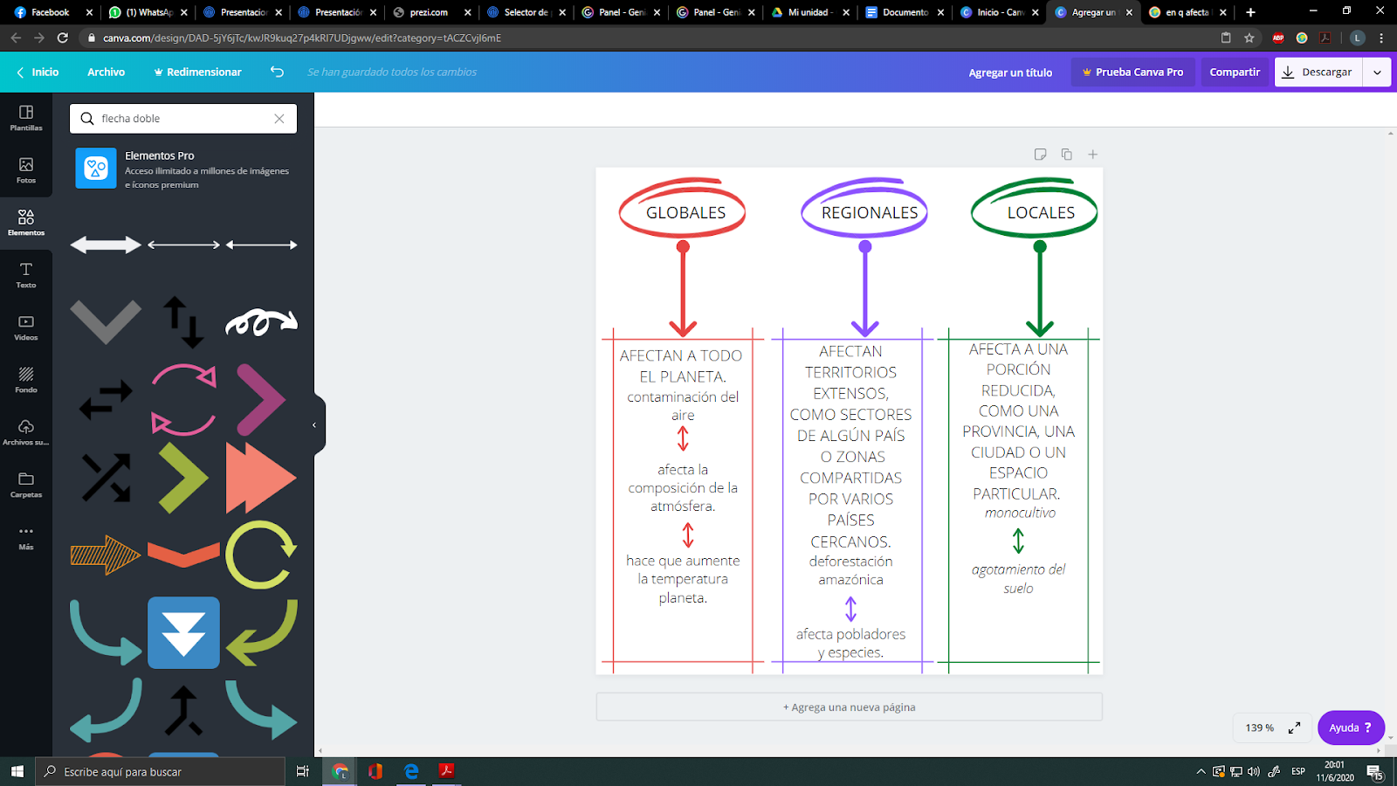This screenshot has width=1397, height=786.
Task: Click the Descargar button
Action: click(1318, 72)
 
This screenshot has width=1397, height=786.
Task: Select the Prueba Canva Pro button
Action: click(1132, 72)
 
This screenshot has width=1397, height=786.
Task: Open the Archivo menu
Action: click(106, 72)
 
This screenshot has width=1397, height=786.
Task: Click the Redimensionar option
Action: click(197, 72)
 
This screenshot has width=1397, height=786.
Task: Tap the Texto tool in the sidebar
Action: click(25, 275)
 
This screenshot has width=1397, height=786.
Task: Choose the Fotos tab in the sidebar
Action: click(25, 170)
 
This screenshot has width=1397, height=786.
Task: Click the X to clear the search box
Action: click(279, 119)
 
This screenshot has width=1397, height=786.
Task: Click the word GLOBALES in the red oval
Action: click(685, 213)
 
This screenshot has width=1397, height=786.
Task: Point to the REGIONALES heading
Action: click(870, 213)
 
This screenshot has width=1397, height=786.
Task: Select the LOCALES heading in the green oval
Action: click(1041, 213)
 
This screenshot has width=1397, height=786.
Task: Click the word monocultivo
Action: click(1020, 513)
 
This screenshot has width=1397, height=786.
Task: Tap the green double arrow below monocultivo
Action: click(1018, 541)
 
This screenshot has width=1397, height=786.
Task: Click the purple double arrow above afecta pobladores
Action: click(850, 609)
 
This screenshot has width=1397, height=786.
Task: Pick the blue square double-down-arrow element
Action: click(183, 632)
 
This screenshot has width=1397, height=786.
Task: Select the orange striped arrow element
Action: click(106, 555)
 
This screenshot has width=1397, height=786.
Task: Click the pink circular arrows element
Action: click(183, 399)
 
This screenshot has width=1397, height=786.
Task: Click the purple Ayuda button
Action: click(1350, 727)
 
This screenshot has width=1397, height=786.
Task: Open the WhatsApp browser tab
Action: click(145, 12)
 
